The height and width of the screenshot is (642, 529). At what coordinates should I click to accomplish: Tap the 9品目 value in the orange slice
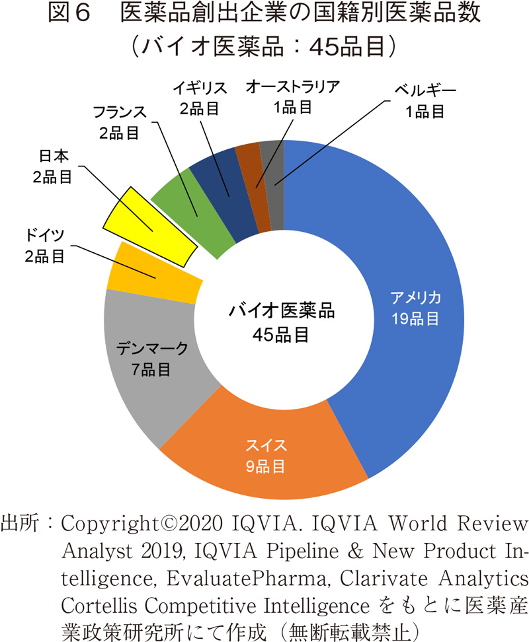click(x=265, y=467)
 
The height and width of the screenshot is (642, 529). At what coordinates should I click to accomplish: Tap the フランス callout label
click(x=119, y=112)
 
